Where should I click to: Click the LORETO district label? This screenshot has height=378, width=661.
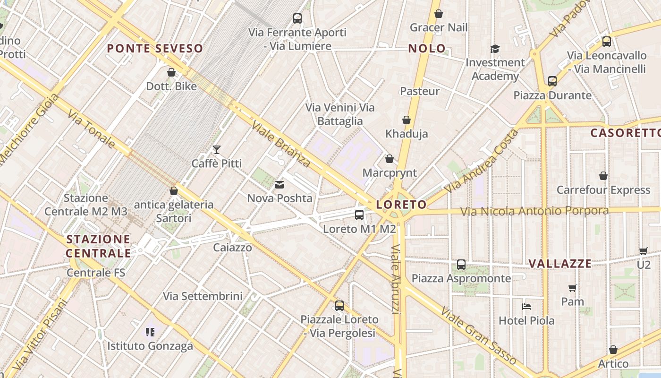(401, 205)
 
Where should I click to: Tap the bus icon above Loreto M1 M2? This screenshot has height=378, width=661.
(359, 215)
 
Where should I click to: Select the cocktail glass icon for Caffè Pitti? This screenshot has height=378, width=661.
(217, 150)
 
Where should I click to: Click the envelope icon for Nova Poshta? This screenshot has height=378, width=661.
(280, 184)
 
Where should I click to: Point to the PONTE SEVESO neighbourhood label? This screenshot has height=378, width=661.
(155, 48)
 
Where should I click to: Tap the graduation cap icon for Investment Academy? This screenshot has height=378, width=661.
(495, 49)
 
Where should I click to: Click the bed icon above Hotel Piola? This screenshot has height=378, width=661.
(526, 307)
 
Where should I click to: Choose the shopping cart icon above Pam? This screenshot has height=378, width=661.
(573, 288)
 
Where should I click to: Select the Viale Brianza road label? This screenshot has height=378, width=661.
(281, 144)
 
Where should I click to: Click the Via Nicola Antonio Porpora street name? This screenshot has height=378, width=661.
(534, 211)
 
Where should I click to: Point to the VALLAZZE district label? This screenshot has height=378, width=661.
(560, 264)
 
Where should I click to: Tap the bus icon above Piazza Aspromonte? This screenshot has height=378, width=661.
(461, 265)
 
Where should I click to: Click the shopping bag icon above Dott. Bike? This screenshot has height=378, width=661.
(171, 72)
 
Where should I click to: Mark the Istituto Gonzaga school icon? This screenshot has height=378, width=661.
(150, 332)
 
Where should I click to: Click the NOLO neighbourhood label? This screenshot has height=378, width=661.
(427, 48)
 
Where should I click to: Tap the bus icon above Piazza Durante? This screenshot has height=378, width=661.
(552, 81)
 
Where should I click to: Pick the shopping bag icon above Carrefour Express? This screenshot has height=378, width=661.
(603, 176)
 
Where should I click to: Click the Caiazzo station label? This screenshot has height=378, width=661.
(232, 248)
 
